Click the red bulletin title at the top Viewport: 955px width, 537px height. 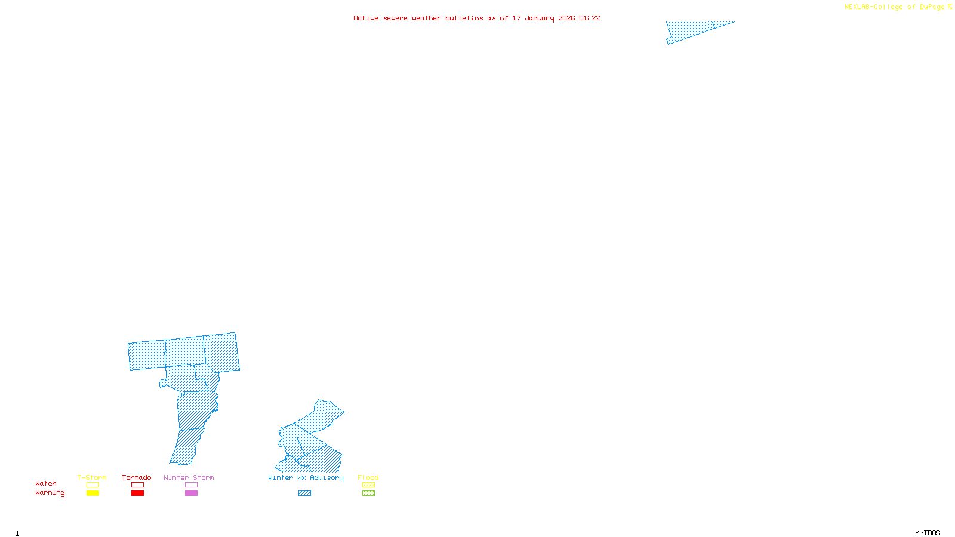point(476,18)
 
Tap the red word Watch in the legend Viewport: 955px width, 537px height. point(46,483)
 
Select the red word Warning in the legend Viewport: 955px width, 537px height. point(50,493)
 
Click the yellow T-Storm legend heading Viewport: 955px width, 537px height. point(92,477)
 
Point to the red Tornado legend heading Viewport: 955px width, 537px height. point(137,477)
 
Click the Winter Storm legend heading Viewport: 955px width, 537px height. point(189,477)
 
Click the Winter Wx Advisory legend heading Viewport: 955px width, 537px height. point(306,477)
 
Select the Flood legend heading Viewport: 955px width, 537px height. point(368,477)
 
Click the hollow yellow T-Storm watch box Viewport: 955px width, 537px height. point(93,485)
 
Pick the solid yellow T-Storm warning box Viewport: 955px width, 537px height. point(93,493)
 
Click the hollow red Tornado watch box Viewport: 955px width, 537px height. point(137,485)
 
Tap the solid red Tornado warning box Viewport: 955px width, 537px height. point(137,493)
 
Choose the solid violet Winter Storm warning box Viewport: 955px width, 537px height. point(191,493)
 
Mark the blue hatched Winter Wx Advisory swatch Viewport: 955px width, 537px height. point(304,493)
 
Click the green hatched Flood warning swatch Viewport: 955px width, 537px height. point(368,493)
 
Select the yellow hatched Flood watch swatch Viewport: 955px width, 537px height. point(368,485)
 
